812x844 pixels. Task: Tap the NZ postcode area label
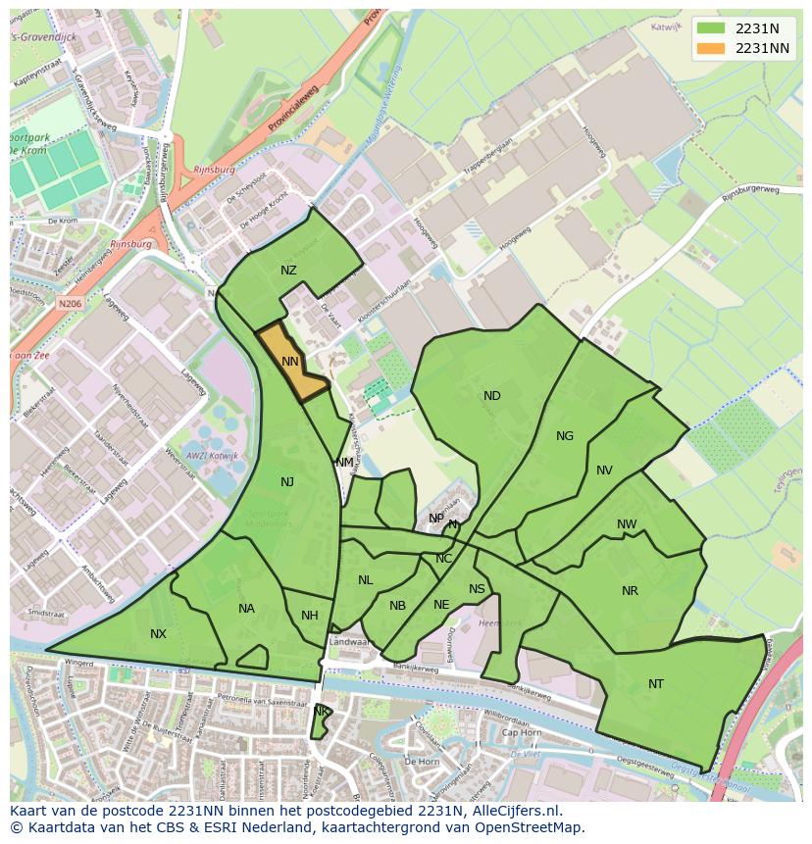pyautogui.click(x=288, y=271)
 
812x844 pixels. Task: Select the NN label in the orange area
pyautogui.click(x=290, y=362)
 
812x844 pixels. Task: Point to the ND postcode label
pyautogui.click(x=492, y=396)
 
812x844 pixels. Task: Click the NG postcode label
pyautogui.click(x=565, y=436)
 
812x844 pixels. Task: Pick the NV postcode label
pyautogui.click(x=604, y=471)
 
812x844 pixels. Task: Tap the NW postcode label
pyautogui.click(x=627, y=524)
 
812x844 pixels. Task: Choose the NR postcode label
pyautogui.click(x=630, y=591)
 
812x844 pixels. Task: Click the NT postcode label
pyautogui.click(x=656, y=684)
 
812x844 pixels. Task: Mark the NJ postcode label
pyautogui.click(x=287, y=481)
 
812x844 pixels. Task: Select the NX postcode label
pyautogui.click(x=158, y=634)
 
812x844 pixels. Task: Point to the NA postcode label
pyautogui.click(x=246, y=609)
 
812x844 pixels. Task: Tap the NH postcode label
pyautogui.click(x=310, y=616)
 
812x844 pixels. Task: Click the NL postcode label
pyautogui.click(x=366, y=580)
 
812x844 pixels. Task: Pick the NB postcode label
pyautogui.click(x=397, y=606)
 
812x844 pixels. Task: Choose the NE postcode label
pyautogui.click(x=441, y=605)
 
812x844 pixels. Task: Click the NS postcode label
pyautogui.click(x=477, y=589)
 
